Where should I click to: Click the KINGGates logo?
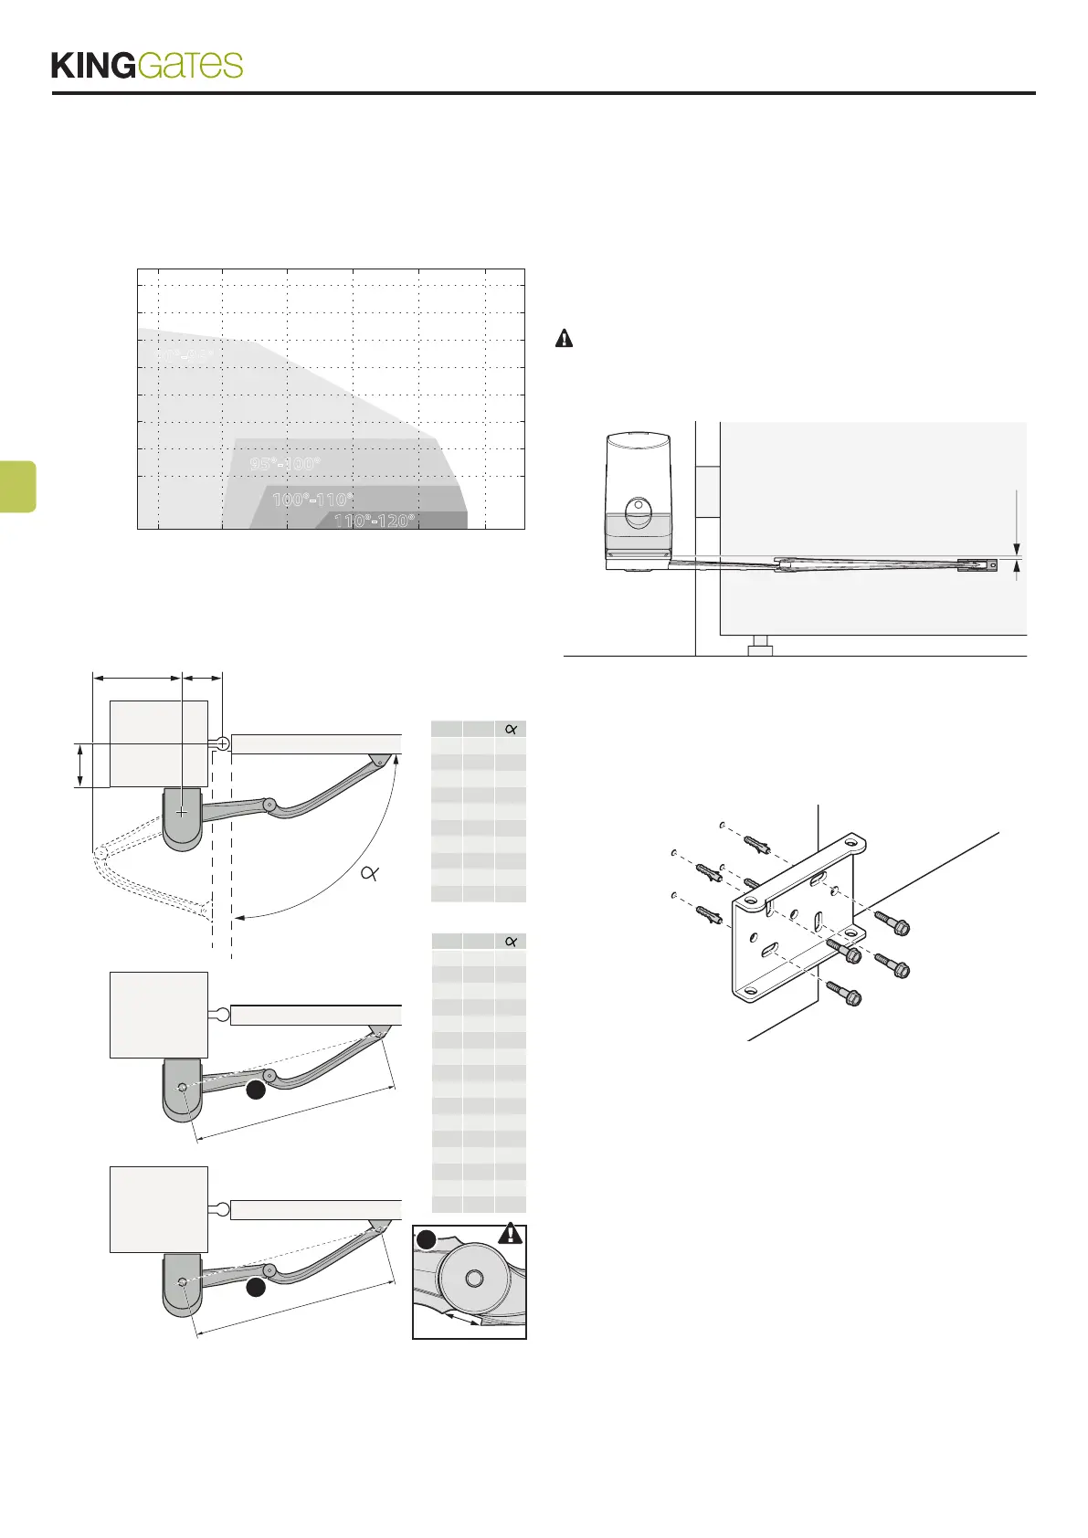click(147, 66)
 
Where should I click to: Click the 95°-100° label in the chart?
click(285, 464)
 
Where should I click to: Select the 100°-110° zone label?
click(312, 500)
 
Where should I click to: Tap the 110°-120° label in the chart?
click(375, 521)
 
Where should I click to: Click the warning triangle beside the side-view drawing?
click(565, 339)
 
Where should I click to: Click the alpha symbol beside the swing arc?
click(369, 873)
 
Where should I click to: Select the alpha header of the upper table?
click(511, 729)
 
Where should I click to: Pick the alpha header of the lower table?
click(511, 942)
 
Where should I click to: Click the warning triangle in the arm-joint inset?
click(510, 1234)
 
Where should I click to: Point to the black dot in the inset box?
click(426, 1240)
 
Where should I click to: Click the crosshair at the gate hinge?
click(223, 744)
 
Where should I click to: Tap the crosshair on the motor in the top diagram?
click(183, 811)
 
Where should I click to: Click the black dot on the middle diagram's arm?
click(257, 1090)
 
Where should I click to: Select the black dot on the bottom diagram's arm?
click(257, 1288)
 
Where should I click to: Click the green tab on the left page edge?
click(17, 487)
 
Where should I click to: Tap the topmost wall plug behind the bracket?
click(759, 839)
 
